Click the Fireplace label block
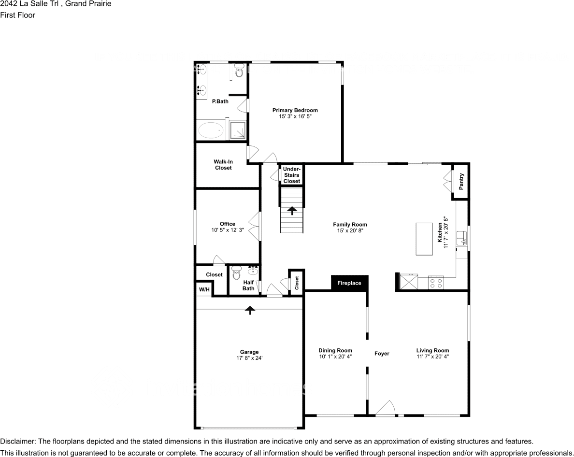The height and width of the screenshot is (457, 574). coord(349,283)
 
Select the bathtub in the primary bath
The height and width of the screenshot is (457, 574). coord(211,130)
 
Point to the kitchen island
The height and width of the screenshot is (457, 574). coord(425,239)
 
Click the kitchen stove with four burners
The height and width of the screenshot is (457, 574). coord(436,283)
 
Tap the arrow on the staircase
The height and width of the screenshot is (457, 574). coord(292,211)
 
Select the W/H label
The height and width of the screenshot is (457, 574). coord(204,290)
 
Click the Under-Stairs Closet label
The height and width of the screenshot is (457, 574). coord(292,175)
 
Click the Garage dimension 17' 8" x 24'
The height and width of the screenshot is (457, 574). coord(249,358)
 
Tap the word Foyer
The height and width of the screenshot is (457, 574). coord(382,354)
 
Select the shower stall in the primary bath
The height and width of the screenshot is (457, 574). coord(237,130)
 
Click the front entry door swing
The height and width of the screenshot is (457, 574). coord(386,409)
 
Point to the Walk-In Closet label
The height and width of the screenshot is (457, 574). coord(223,165)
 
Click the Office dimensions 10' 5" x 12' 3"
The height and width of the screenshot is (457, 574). coord(227,230)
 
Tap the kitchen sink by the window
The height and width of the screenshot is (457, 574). coord(462,237)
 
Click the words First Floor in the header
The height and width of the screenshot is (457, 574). coord(18,15)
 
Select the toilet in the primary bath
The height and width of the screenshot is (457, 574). coord(239,71)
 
